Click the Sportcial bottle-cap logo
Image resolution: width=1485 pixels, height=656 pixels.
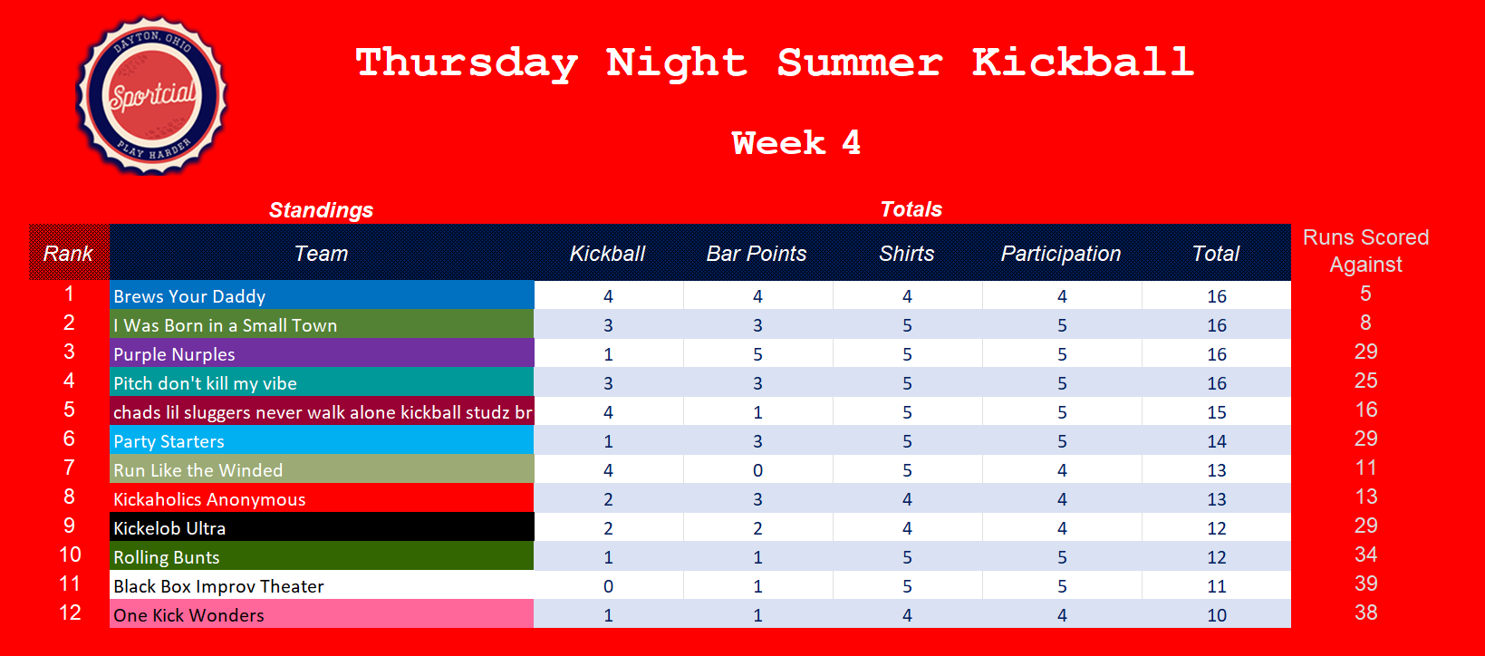[x=152, y=96]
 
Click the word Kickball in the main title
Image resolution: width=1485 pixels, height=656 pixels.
[x=1084, y=63]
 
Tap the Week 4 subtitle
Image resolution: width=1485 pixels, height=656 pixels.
[x=796, y=142]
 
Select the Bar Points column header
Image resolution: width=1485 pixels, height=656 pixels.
[x=757, y=254]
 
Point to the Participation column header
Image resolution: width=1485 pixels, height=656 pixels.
[x=1061, y=254]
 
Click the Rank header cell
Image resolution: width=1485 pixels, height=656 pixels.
[x=69, y=253]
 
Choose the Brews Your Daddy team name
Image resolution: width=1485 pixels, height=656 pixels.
[x=189, y=296]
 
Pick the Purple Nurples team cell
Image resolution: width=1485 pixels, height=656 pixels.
[x=323, y=353]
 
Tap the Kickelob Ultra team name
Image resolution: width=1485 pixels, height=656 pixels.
[x=169, y=528]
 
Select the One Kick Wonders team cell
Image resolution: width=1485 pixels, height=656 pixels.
[x=323, y=614]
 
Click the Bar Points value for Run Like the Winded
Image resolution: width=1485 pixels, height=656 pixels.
[x=757, y=470]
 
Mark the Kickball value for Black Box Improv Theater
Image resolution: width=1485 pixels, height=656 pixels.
[x=608, y=586]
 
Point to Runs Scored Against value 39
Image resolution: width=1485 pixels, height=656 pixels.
[x=1365, y=584]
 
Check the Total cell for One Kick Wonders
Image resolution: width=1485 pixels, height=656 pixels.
[x=1217, y=614]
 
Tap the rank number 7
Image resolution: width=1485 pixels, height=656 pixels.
[x=69, y=468]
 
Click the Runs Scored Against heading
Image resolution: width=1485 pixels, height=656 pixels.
[x=1365, y=251]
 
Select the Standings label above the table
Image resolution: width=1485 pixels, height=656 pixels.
[x=321, y=210]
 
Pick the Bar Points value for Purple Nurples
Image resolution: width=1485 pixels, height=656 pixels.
[x=757, y=354]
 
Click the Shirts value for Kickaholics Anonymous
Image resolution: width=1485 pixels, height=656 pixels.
[x=907, y=499]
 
